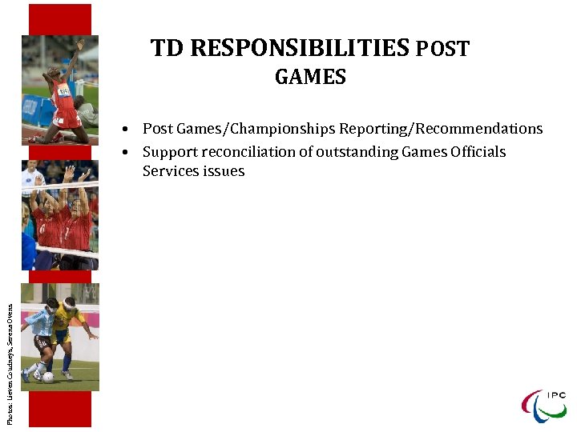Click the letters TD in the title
click(167, 50)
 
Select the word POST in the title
click(442, 50)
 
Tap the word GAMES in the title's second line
click(310, 78)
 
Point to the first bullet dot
click(127, 130)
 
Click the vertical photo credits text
click(10, 353)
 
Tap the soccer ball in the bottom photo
click(49, 377)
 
